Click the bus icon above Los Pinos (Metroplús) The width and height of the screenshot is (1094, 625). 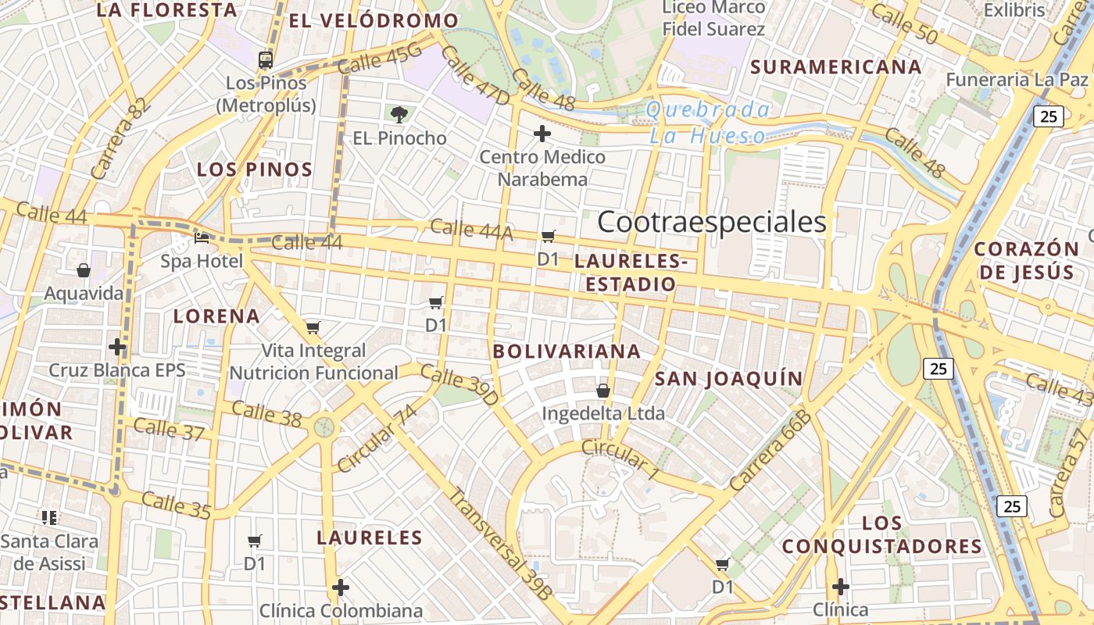tap(266, 59)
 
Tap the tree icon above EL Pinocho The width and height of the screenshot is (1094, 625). tap(399, 115)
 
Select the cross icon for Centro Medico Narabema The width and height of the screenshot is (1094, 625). tap(542, 134)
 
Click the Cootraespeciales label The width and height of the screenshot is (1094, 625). tap(711, 222)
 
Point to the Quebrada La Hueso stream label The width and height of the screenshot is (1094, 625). tap(708, 123)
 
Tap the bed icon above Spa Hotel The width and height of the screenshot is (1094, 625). tap(202, 237)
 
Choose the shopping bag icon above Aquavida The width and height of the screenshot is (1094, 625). tap(84, 270)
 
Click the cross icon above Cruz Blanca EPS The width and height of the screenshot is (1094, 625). tap(117, 346)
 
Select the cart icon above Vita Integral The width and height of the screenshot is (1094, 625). tap(313, 327)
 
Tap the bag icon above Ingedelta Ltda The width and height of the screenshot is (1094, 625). tap(603, 390)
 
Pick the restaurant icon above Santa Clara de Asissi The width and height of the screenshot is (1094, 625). tap(49, 517)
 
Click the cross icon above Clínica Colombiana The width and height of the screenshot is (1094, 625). tap(341, 587)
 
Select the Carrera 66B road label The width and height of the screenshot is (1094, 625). tap(770, 451)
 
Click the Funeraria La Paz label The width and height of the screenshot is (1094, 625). tap(1017, 80)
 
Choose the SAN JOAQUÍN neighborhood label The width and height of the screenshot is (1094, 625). tap(728, 379)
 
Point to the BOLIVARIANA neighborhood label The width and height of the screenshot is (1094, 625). tap(567, 352)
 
